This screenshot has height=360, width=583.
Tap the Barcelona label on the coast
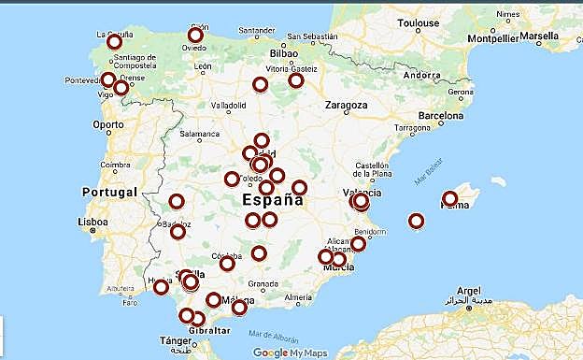[x=440, y=117]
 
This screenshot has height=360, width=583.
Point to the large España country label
[x=272, y=199]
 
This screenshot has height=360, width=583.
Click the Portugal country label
[x=110, y=192]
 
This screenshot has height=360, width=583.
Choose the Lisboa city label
[x=92, y=223]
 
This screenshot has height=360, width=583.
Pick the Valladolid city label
[x=231, y=106]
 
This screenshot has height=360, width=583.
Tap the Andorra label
[x=421, y=75]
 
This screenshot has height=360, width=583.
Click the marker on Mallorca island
[x=450, y=198]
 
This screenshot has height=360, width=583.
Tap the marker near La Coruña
[x=114, y=42]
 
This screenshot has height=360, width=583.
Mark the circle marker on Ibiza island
[x=416, y=222]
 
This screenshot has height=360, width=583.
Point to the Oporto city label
[x=107, y=123]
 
